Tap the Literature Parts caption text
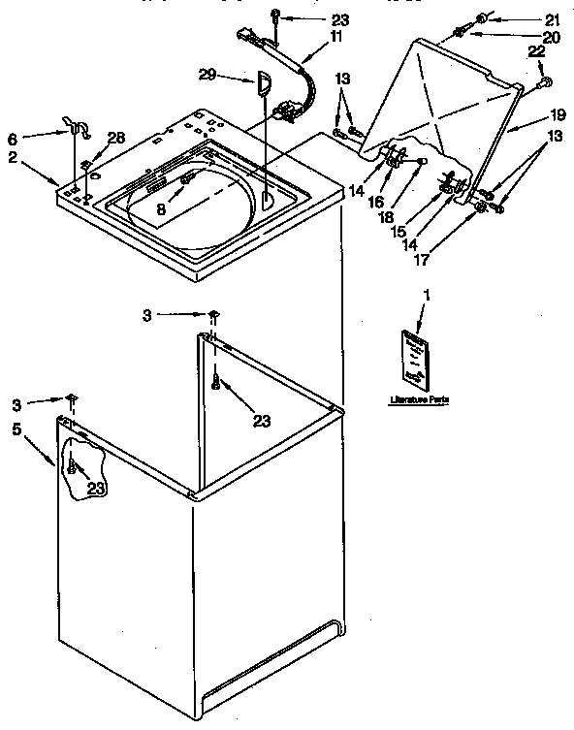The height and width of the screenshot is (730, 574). tap(419, 398)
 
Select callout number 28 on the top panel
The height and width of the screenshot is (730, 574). tap(117, 139)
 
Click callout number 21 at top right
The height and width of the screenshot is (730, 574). tap(553, 19)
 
